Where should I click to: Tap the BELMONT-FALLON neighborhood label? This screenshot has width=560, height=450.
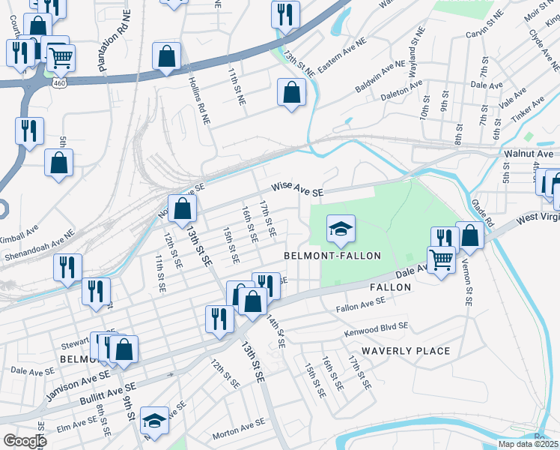(332, 256)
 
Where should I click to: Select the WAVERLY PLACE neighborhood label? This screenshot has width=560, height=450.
(406, 351)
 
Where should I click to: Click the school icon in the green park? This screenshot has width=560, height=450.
(340, 229)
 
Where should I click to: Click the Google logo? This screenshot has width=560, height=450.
(25, 440)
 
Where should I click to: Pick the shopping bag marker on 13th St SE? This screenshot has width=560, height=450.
(182, 208)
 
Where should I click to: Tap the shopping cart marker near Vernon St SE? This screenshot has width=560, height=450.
(442, 259)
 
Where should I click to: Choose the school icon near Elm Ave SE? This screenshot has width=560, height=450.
(154, 421)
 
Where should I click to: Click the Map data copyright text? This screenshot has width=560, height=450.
(528, 444)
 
